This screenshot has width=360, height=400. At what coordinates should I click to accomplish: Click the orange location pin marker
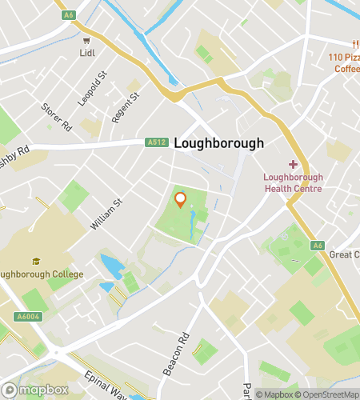(x=181, y=200)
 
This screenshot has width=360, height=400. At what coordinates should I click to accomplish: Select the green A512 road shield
(x=156, y=143)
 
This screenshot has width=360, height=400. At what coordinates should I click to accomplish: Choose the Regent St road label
(x=126, y=107)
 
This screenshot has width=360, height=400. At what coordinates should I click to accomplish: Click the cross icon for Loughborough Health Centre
(x=293, y=164)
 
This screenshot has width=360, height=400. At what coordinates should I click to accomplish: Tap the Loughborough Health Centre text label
(x=293, y=183)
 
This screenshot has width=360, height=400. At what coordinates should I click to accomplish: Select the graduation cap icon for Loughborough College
(x=36, y=260)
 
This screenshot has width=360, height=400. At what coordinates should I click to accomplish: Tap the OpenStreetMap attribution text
(x=327, y=394)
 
